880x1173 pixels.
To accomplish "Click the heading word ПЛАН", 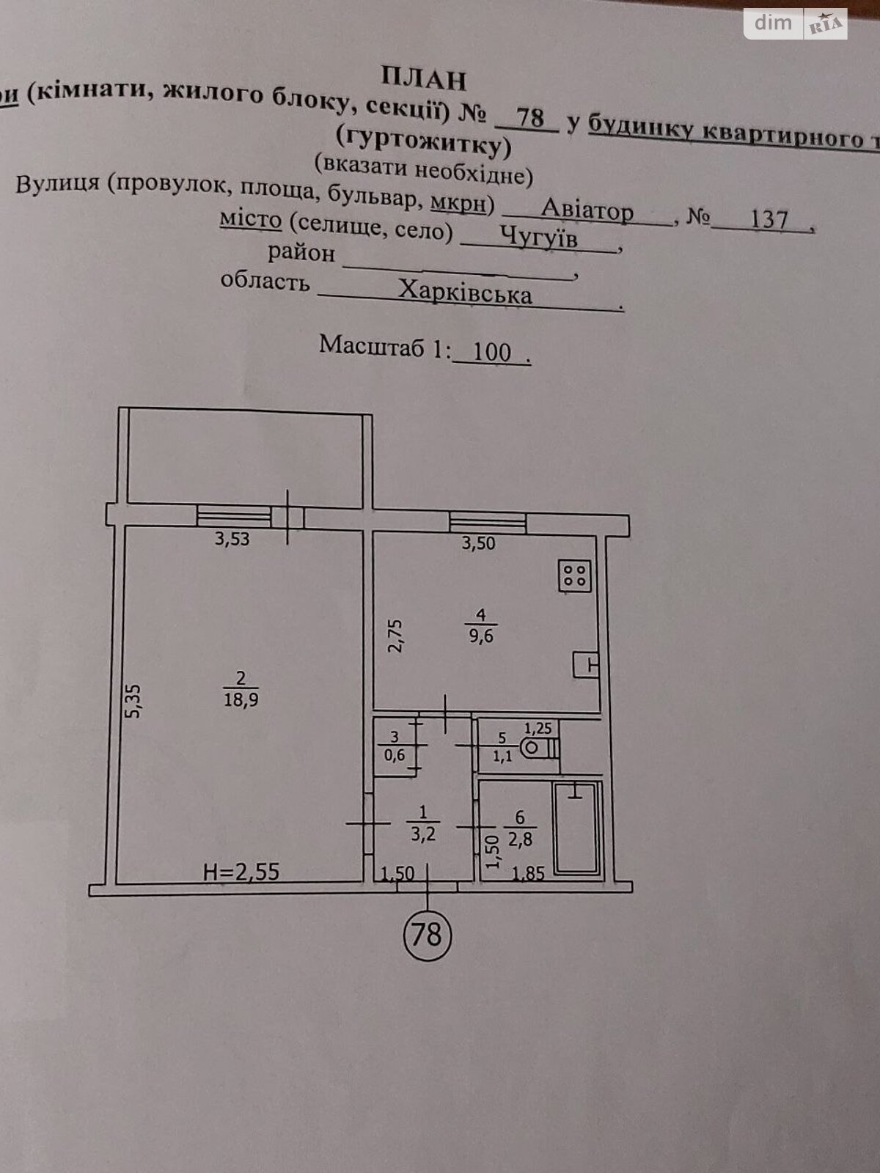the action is [x=424, y=78].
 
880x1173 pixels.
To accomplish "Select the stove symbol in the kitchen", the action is [x=575, y=576].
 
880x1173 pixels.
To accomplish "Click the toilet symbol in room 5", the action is [x=540, y=748].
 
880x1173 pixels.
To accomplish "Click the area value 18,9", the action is [x=241, y=700].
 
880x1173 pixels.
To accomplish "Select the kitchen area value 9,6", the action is [x=481, y=636].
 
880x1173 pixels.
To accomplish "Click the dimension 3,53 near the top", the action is [x=232, y=539].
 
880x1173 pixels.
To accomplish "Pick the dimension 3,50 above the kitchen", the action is [x=478, y=543].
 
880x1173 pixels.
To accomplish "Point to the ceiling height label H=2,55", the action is [x=241, y=872].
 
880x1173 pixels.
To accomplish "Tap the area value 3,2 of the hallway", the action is [x=423, y=834].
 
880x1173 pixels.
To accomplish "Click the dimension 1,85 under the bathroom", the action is [x=528, y=874].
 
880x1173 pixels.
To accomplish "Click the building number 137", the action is [x=769, y=219].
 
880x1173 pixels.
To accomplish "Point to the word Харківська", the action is [x=466, y=293].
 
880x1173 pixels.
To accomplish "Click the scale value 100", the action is [x=491, y=352].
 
